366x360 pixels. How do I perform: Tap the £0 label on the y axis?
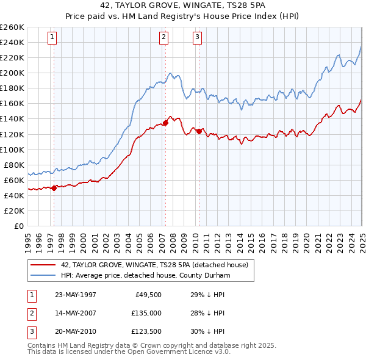(x=18, y=226)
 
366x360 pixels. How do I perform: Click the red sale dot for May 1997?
(x=54, y=188)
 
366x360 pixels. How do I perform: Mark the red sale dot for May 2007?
(x=165, y=123)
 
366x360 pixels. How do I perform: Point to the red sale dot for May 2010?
(x=199, y=131)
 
